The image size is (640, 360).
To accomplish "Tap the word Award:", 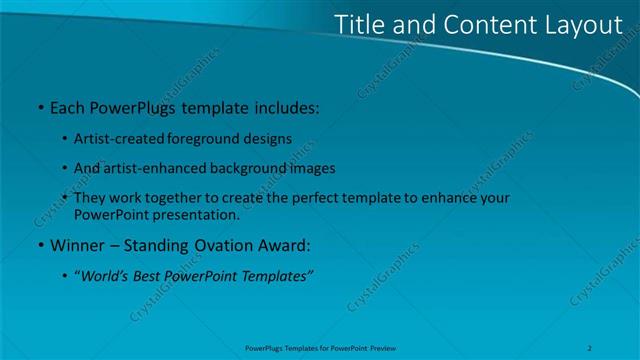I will (287, 244).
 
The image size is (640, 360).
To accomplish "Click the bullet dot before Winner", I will (39, 244).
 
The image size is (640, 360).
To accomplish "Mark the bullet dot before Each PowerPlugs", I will (39, 105).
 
